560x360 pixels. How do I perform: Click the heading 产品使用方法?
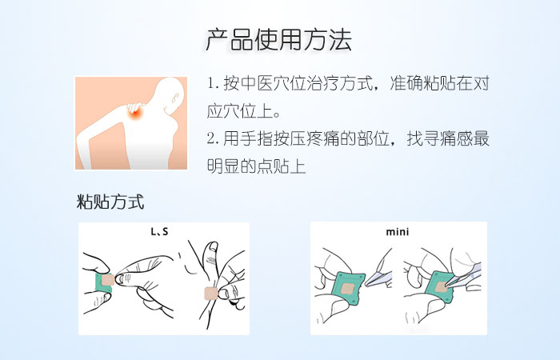(x=279, y=39)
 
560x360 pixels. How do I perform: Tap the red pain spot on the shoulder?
(x=137, y=114)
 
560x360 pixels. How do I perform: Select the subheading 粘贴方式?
(x=110, y=202)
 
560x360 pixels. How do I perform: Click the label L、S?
(x=159, y=232)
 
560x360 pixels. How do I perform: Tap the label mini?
(x=398, y=232)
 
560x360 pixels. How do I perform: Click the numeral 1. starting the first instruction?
(x=214, y=84)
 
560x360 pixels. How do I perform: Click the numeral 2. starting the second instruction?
(x=214, y=138)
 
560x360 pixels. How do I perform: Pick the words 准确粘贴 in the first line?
(x=422, y=83)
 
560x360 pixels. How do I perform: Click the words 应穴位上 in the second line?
(x=240, y=111)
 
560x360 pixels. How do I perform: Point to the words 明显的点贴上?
(x=257, y=166)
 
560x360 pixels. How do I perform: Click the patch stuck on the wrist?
(x=211, y=294)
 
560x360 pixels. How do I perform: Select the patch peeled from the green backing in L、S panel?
(x=107, y=280)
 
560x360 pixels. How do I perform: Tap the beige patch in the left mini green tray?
(x=346, y=289)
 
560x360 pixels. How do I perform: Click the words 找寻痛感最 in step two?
(x=448, y=138)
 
